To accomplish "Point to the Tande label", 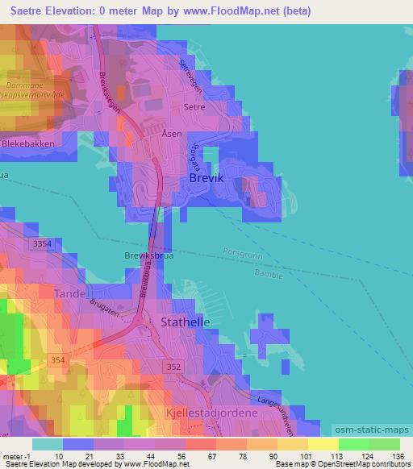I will (69, 294).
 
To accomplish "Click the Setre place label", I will (194, 106).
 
